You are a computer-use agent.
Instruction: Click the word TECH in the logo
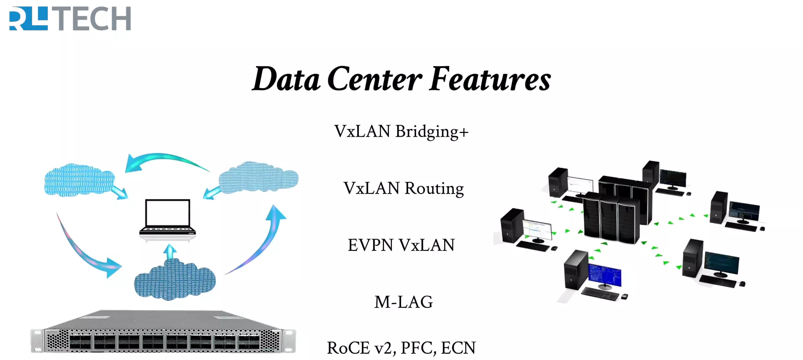(x=94, y=19)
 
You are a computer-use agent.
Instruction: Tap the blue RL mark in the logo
(x=28, y=19)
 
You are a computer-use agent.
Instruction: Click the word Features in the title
(x=490, y=79)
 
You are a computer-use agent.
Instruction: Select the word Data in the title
(x=286, y=79)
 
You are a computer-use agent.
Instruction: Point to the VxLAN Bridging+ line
(x=401, y=132)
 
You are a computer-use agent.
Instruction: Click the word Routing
(x=434, y=189)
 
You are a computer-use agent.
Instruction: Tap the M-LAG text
(x=403, y=302)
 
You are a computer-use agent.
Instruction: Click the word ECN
(x=458, y=348)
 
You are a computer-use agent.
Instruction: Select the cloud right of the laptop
(x=258, y=178)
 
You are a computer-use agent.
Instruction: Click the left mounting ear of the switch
(x=37, y=341)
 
